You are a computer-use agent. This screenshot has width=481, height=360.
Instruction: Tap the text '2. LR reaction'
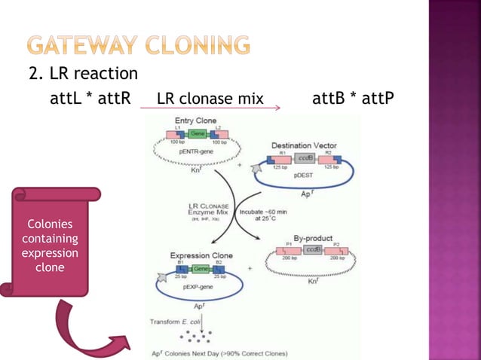[x=83, y=74]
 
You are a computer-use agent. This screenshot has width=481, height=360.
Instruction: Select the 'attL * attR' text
[x=90, y=99]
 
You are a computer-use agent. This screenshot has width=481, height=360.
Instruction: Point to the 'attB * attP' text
[x=352, y=99]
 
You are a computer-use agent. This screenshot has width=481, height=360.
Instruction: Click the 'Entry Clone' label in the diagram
[x=195, y=121]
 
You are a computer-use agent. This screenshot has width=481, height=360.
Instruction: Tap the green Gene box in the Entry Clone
[x=198, y=133]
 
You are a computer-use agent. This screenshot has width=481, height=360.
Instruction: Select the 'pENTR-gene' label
[x=195, y=151]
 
